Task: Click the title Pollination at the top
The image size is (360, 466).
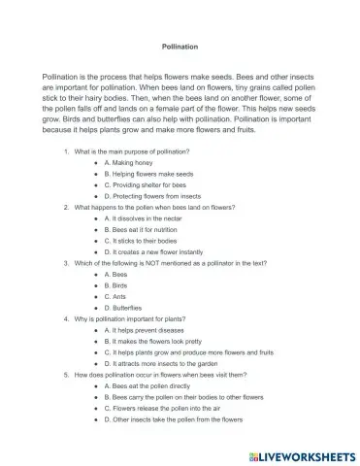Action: point(180,45)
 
